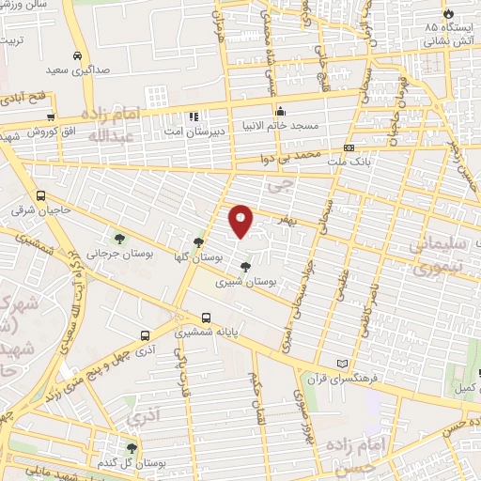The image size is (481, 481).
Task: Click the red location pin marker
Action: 241,221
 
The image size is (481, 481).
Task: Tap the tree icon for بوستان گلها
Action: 198,241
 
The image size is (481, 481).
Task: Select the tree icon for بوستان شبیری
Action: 245,267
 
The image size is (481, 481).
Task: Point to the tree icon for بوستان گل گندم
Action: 132,449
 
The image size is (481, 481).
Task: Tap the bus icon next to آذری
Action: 145,334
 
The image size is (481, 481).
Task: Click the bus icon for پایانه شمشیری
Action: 206,318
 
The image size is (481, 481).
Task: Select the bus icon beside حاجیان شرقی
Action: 39,195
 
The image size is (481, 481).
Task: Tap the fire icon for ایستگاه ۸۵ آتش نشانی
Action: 448,13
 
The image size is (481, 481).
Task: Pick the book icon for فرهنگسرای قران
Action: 342,362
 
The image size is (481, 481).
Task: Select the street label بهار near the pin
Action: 286,218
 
